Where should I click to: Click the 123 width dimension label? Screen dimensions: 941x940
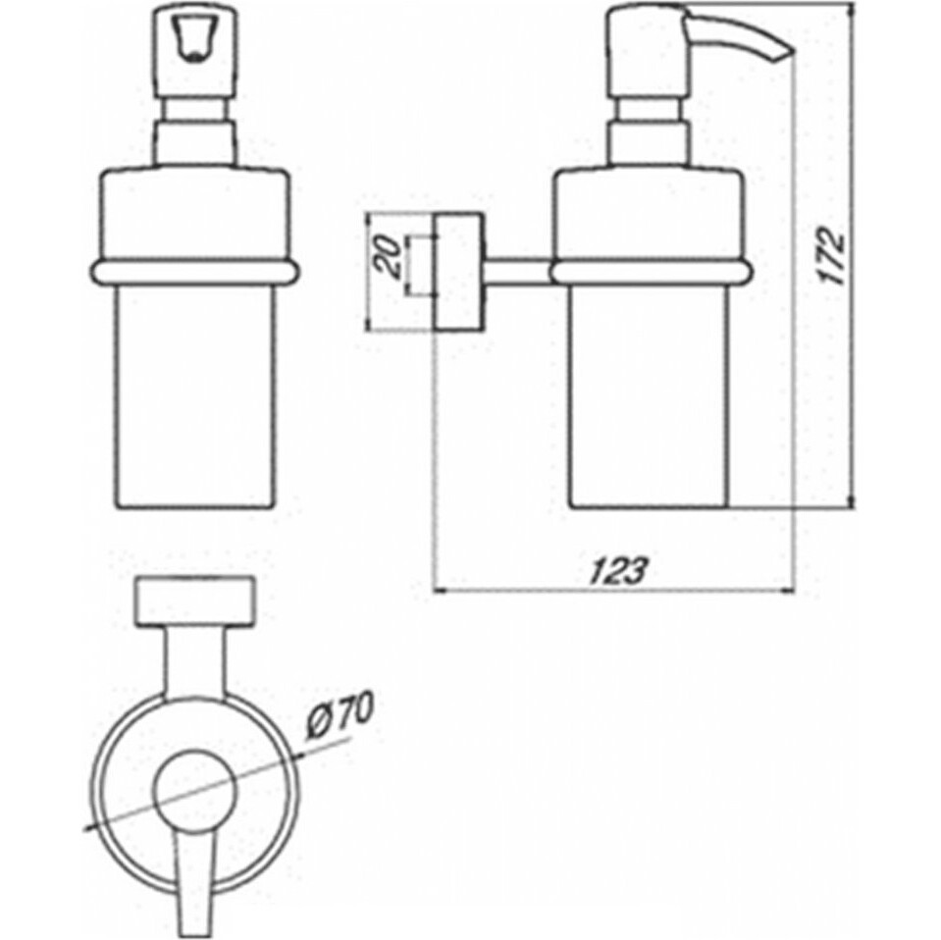pyautogui.click(x=619, y=571)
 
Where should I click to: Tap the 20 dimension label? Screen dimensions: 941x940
pyautogui.click(x=387, y=256)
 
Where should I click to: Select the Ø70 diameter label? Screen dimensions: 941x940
pyautogui.click(x=340, y=714)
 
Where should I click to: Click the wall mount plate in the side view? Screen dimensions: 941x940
pyautogui.click(x=459, y=271)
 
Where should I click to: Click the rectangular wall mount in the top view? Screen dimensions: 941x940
pyautogui.click(x=195, y=601)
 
